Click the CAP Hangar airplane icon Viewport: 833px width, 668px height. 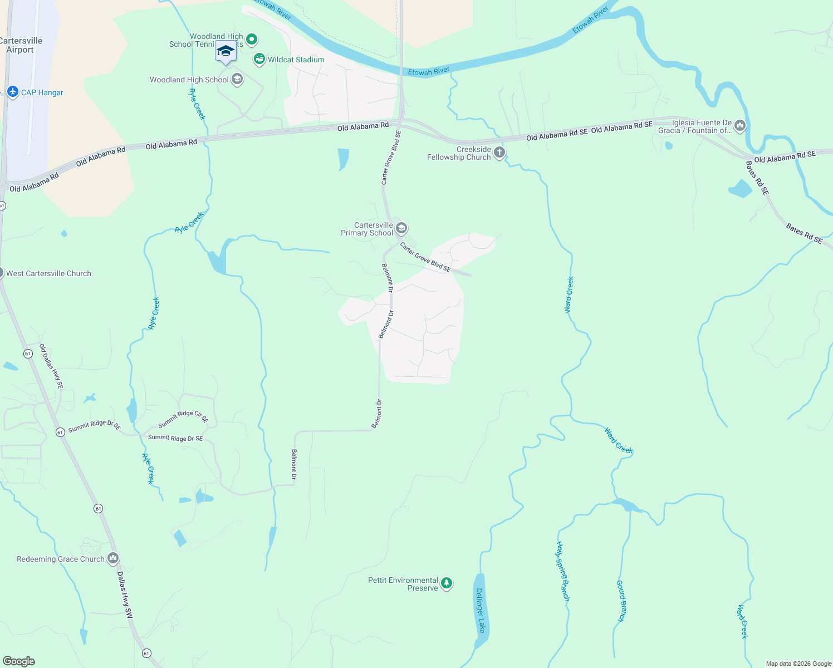tap(13, 92)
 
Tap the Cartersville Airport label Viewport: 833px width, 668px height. tap(21, 45)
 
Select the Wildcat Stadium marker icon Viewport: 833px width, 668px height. tap(259, 59)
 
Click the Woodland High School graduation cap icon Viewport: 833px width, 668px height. tap(237, 79)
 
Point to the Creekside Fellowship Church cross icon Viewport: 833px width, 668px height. tap(499, 153)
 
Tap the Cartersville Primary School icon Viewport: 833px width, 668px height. tap(401, 228)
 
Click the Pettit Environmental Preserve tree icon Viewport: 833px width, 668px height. tap(447, 583)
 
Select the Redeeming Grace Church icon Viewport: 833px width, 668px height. tap(113, 558)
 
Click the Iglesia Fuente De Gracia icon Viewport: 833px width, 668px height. tap(739, 126)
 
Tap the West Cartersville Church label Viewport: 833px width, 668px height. tap(48, 273)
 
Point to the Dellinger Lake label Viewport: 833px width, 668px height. tap(480, 610)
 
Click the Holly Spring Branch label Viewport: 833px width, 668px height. tap(562, 572)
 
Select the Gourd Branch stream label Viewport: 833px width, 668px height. tap(621, 601)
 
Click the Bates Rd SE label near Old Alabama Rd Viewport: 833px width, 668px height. tap(757, 178)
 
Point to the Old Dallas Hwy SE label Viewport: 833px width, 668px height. tap(51, 366)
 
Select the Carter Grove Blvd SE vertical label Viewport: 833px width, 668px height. tap(391, 158)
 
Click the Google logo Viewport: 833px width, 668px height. tap(19, 661)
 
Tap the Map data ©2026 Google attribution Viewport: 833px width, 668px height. tap(798, 664)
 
